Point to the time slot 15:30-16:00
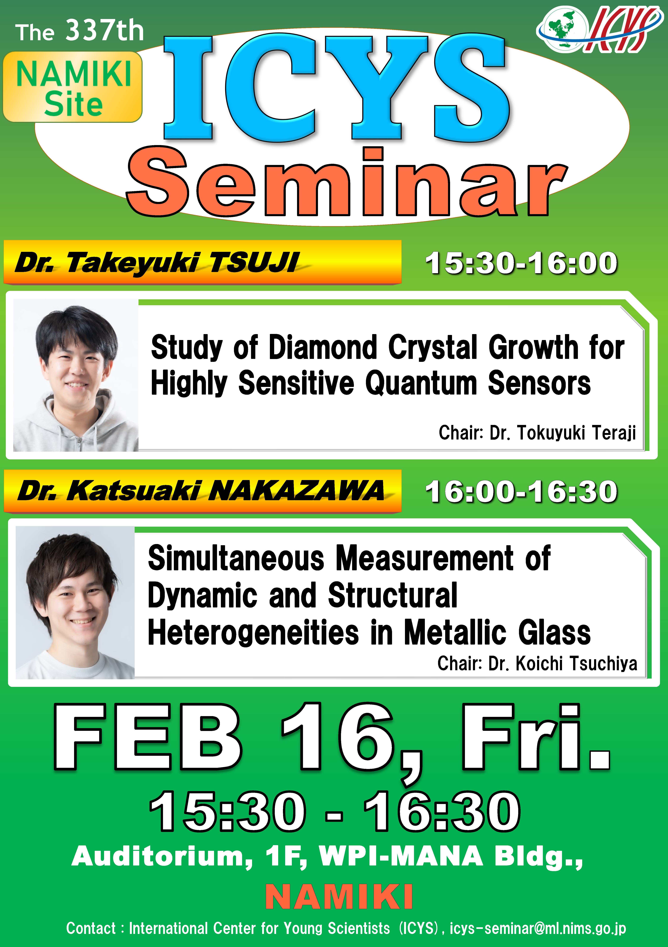(x=522, y=263)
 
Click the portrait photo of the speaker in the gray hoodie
(x=76, y=375)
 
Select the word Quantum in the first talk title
(x=421, y=383)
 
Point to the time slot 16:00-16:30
(x=522, y=492)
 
